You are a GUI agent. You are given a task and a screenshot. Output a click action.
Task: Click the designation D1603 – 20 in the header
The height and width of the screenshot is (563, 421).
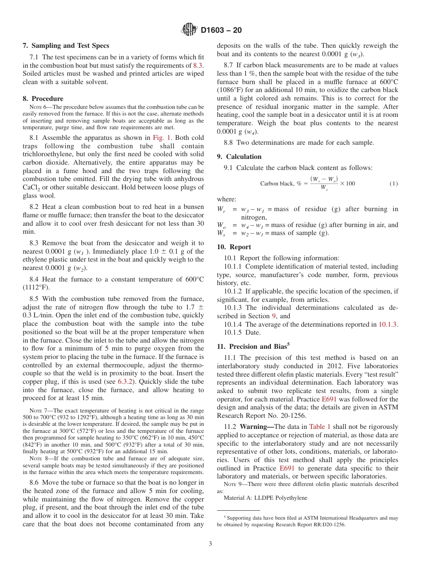(x=221, y=31)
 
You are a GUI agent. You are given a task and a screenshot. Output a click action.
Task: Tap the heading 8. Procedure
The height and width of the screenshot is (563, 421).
(x=43, y=99)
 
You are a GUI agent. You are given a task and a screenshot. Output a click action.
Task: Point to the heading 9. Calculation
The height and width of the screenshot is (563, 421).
(x=239, y=157)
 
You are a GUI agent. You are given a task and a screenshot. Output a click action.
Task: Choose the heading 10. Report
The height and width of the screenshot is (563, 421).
(x=234, y=247)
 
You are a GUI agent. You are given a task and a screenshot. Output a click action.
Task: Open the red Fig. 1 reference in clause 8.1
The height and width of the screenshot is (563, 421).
(x=162, y=138)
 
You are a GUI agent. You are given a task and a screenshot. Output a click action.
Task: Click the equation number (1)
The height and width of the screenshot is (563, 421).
(x=394, y=184)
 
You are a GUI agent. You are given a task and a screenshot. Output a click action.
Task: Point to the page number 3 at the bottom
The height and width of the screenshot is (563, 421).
(x=210, y=544)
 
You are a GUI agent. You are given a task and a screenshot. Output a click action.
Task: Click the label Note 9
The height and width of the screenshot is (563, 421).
(x=233, y=484)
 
